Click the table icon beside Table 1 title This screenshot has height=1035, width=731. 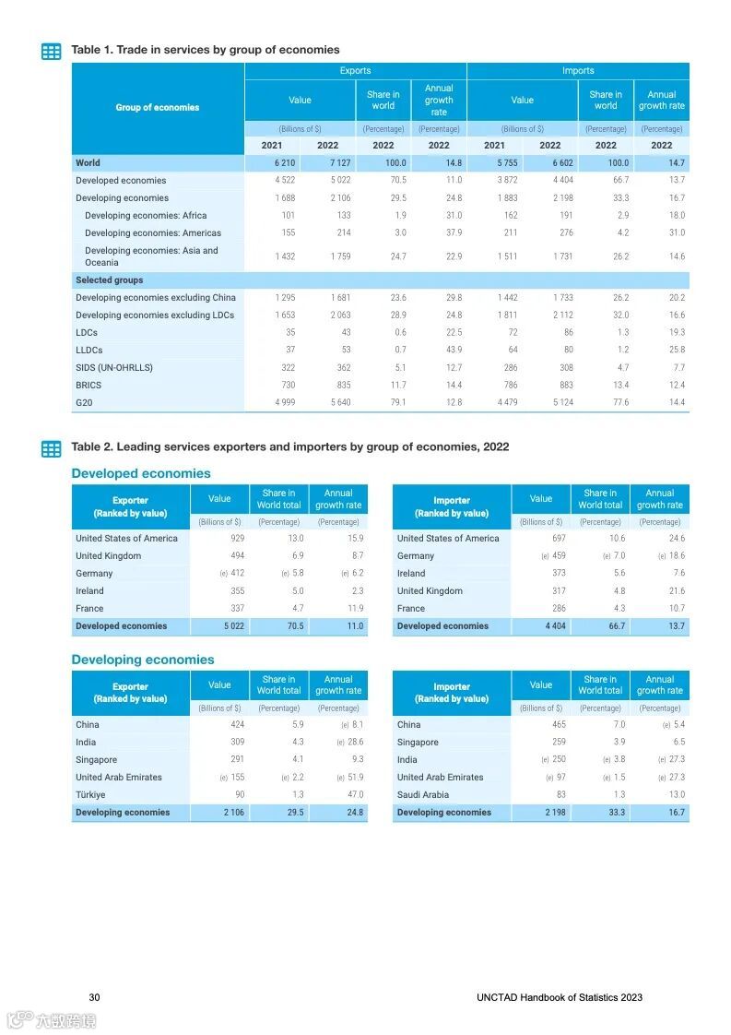point(52,52)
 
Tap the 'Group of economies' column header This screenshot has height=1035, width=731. point(157,108)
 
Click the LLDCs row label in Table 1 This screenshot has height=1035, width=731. point(89,351)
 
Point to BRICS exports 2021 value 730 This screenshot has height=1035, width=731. point(285,386)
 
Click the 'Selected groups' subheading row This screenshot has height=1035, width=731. point(109,280)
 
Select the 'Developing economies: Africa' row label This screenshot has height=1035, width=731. point(145,216)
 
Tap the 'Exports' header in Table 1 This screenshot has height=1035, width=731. point(355,71)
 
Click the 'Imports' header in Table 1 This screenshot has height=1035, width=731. point(578,71)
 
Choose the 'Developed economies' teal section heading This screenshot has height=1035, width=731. point(141,473)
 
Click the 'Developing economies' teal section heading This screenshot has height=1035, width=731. point(142,660)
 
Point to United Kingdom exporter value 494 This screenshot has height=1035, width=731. point(237,556)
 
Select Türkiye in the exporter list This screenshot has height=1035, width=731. point(90,795)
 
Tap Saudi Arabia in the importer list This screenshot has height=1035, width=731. point(423,795)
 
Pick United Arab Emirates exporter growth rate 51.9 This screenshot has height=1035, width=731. point(354,778)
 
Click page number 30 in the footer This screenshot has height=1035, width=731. point(94,997)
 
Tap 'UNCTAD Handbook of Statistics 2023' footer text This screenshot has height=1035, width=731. point(560,997)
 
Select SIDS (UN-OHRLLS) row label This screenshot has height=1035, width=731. point(114,368)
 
